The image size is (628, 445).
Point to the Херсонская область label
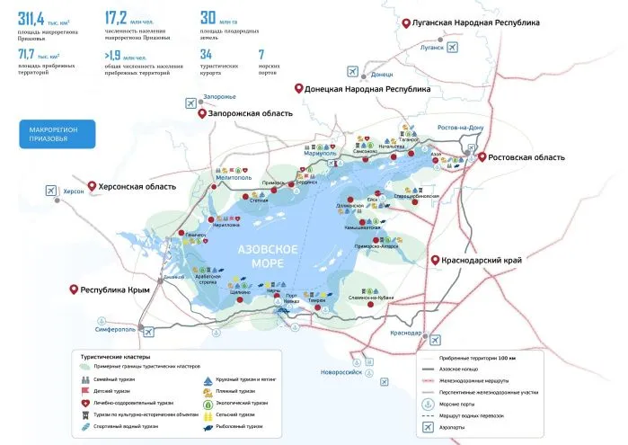(134, 186)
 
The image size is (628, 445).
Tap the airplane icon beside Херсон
(49, 189)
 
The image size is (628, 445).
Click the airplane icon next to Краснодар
(436, 339)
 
